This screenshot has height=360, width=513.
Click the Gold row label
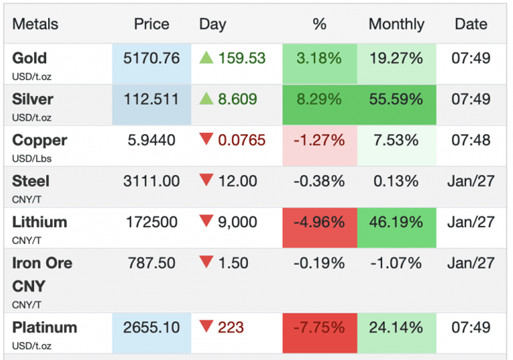[29, 58]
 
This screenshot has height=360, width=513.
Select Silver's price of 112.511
[152, 100]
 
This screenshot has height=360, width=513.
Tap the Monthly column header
[396, 24]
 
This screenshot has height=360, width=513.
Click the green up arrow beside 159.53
[206, 58]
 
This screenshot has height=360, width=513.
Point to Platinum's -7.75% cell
[319, 328]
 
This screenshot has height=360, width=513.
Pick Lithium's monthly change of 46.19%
[396, 222]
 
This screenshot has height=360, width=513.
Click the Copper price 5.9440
[152, 140]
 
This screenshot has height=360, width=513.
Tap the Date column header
[471, 24]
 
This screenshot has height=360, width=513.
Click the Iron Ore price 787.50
[152, 262]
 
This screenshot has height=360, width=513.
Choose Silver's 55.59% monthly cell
[396, 100]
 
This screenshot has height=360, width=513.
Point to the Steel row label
[31, 181]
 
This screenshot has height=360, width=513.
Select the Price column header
[152, 24]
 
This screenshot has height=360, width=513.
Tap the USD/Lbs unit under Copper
[31, 159]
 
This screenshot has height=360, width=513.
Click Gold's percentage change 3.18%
[319, 58]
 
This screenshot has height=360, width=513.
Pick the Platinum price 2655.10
[152, 328]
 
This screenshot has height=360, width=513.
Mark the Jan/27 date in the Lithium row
[471, 222]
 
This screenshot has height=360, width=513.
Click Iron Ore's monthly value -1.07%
[396, 262]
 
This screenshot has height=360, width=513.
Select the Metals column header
[35, 24]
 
